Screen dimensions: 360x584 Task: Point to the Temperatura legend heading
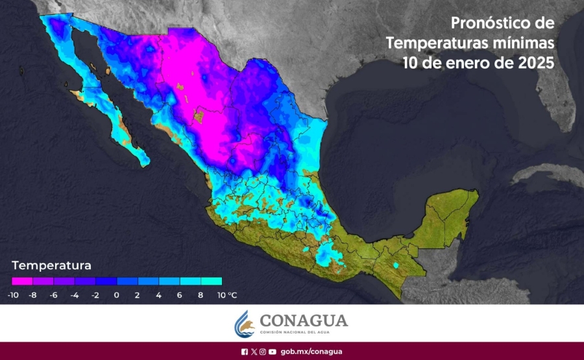[51, 265]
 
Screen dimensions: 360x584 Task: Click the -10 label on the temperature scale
[12, 295]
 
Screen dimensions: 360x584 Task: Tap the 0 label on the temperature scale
[117, 295]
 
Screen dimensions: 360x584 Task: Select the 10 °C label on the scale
[228, 295]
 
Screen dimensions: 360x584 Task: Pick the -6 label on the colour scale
[54, 295]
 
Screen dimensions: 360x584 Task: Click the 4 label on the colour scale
[159, 295]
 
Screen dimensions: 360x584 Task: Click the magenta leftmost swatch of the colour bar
[22, 282]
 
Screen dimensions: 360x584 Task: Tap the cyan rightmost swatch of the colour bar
[212, 282]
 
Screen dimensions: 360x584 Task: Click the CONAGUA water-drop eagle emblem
[243, 323]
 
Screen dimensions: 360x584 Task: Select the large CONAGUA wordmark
[304, 320]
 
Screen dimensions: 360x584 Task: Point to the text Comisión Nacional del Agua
[303, 332]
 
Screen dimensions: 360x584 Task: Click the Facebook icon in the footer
[245, 352]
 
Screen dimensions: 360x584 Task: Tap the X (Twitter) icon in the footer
[254, 352]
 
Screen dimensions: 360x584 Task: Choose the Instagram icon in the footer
[263, 352]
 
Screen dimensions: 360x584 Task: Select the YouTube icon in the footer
[273, 352]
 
